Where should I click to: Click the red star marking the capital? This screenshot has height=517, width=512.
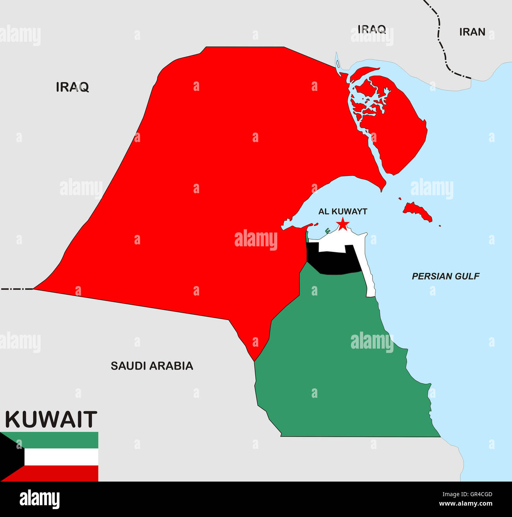pyautogui.click(x=343, y=224)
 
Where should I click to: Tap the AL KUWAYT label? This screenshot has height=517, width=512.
pyautogui.click(x=343, y=212)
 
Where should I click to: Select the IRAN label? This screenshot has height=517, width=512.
pyautogui.click(x=472, y=32)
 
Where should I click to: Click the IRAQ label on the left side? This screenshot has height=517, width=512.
pyautogui.click(x=72, y=87)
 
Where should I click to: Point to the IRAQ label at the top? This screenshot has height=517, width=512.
pyautogui.click(x=371, y=29)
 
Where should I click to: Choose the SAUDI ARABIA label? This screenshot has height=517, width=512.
pyautogui.click(x=152, y=366)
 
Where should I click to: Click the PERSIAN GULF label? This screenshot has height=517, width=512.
pyautogui.click(x=445, y=277)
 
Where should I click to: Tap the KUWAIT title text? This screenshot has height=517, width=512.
pyautogui.click(x=51, y=419)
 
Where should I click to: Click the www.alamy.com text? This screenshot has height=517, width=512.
pyautogui.click(x=465, y=504)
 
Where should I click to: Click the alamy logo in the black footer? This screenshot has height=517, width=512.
pyautogui.click(x=39, y=499)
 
